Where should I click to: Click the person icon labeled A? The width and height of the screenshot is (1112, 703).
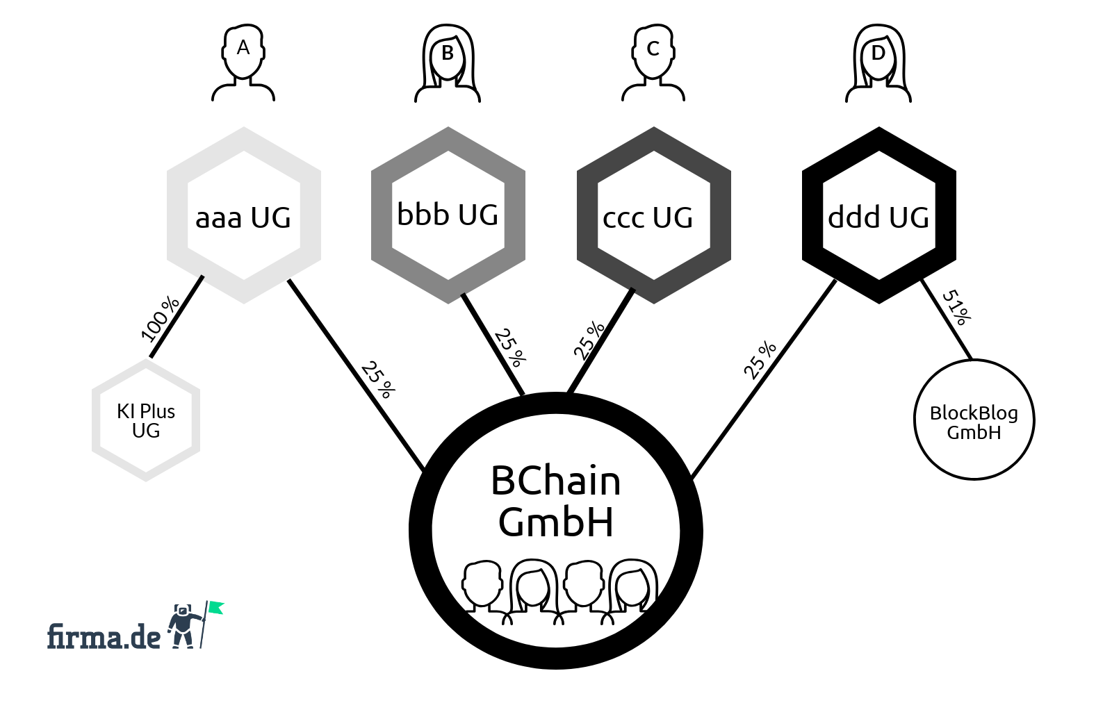243,63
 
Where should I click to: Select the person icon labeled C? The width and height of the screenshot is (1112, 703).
653,63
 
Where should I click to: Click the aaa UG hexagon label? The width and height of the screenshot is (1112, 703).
243,217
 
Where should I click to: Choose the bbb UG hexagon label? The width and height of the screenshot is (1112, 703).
448,215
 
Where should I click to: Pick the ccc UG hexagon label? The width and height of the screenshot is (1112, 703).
648,217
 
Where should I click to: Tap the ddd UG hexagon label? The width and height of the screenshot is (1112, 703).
878,217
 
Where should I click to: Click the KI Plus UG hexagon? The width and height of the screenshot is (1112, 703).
146,420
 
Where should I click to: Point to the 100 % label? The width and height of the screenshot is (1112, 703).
160,320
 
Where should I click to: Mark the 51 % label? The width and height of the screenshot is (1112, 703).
956,307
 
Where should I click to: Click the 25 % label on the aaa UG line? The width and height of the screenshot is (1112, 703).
378,379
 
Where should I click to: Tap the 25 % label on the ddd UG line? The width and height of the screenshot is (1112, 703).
760,360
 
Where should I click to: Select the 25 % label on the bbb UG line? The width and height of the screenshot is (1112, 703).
510,347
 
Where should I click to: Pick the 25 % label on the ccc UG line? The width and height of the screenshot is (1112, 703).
589,340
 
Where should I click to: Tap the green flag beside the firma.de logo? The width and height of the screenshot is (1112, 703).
216,608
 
